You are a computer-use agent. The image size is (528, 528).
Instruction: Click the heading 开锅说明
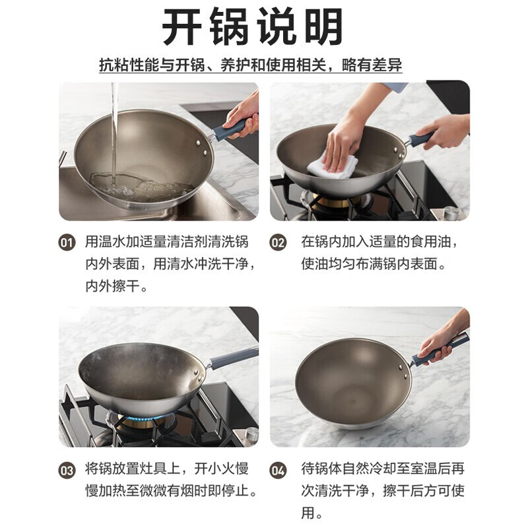click(x=253, y=26)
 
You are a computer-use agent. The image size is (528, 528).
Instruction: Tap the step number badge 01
click(x=67, y=243)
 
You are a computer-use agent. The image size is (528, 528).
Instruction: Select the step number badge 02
click(x=278, y=243)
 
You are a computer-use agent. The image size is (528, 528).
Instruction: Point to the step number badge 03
click(x=67, y=471)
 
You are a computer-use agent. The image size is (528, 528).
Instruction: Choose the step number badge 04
click(x=278, y=471)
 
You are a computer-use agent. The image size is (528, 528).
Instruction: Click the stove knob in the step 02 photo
click(x=451, y=213)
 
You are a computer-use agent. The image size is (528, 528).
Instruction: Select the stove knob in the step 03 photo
click(x=251, y=434)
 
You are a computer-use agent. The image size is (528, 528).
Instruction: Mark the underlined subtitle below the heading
click(x=251, y=64)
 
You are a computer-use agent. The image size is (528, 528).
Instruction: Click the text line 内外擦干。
click(x=117, y=286)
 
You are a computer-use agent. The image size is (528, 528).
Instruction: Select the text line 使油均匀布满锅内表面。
click(x=374, y=264)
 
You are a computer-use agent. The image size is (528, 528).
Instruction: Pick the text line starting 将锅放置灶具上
click(x=167, y=469)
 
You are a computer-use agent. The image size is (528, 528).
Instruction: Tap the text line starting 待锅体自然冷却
click(x=383, y=469)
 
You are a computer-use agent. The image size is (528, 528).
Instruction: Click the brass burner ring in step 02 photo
click(x=332, y=201)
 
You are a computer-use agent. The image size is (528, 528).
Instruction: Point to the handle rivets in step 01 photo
click(x=201, y=148)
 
